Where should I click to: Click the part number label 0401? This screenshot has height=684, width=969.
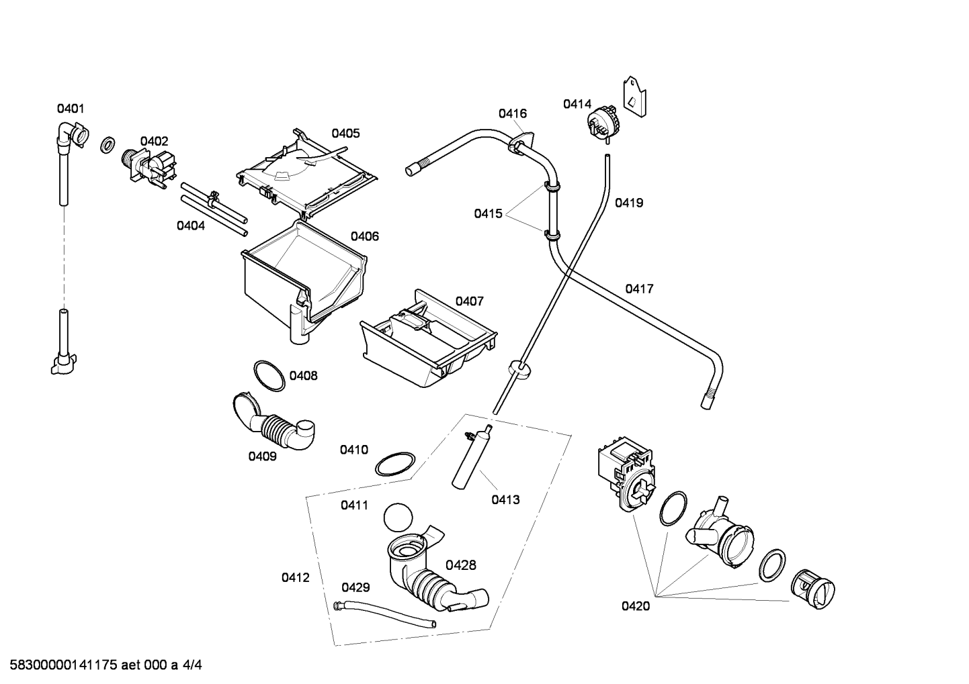tap(71, 109)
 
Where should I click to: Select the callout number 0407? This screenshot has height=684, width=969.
tap(469, 301)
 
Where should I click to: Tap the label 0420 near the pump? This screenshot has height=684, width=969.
tap(636, 606)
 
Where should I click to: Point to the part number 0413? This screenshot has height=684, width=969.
tap(505, 499)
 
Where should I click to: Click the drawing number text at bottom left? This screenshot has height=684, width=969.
tap(106, 665)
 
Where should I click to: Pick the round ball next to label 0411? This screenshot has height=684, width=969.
tap(398, 518)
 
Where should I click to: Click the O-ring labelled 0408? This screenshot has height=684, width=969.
tap(269, 375)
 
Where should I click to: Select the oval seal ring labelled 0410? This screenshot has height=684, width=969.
tap(395, 464)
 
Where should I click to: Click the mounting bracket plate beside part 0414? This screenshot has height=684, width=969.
tap(634, 97)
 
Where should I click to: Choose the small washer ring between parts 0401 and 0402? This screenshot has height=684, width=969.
tap(108, 144)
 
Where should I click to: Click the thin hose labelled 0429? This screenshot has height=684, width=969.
tap(384, 615)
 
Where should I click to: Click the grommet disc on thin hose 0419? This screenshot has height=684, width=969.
tap(518, 370)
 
